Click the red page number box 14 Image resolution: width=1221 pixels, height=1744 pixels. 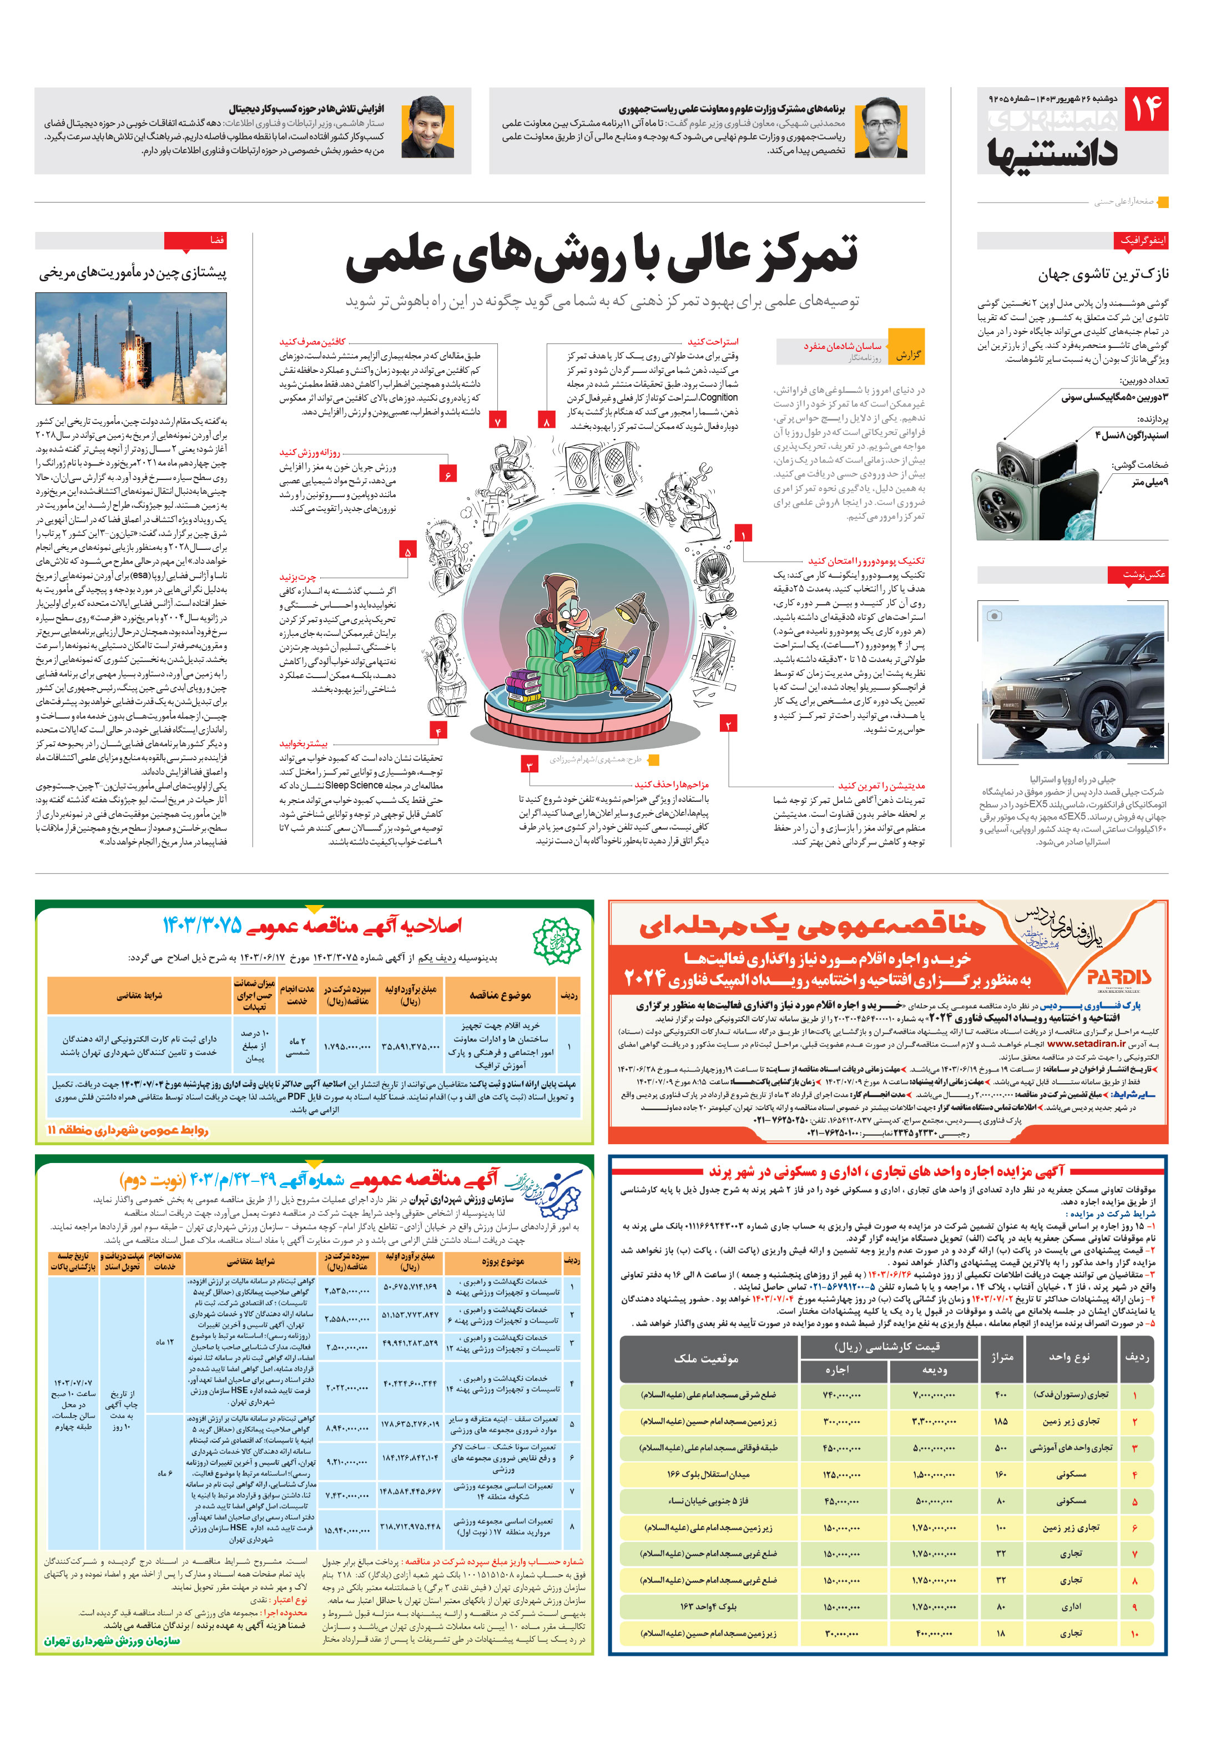1145,109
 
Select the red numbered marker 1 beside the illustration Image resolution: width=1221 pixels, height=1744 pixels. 743,534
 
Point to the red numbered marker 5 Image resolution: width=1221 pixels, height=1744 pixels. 408,552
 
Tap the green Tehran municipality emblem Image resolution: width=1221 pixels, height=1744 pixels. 556,941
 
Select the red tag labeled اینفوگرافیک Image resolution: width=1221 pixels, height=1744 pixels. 1141,240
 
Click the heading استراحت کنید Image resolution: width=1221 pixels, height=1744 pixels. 712,342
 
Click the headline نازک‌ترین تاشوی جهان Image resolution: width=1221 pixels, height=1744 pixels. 1103,274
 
